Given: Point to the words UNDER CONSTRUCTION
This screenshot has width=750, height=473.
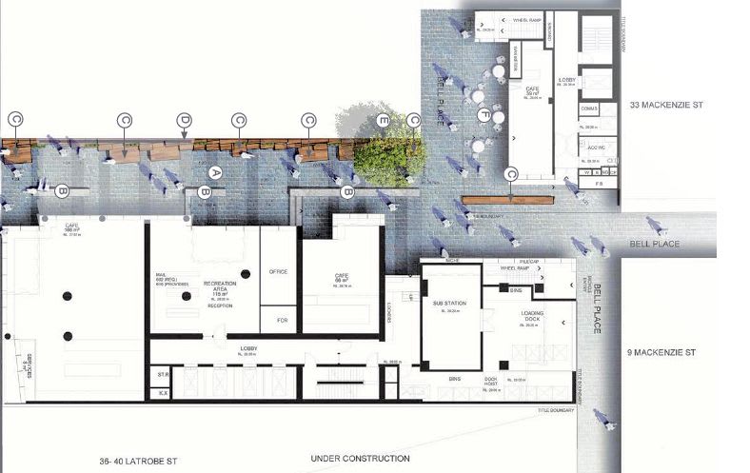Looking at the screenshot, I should (x=360, y=460).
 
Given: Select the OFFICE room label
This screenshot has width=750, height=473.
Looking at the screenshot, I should (x=279, y=271).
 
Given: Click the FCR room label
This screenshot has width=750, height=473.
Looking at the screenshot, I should (x=280, y=320).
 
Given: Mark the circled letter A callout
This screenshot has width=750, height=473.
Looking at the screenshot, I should (x=215, y=173).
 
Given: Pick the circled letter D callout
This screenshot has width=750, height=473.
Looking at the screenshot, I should (x=184, y=120).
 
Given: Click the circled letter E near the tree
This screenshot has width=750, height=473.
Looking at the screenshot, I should (x=383, y=121).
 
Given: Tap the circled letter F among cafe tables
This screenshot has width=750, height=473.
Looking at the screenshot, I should (x=484, y=115).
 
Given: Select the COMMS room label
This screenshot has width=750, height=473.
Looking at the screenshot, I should (x=587, y=109).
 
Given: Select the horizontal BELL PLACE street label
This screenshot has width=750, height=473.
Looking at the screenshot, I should (x=652, y=245).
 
